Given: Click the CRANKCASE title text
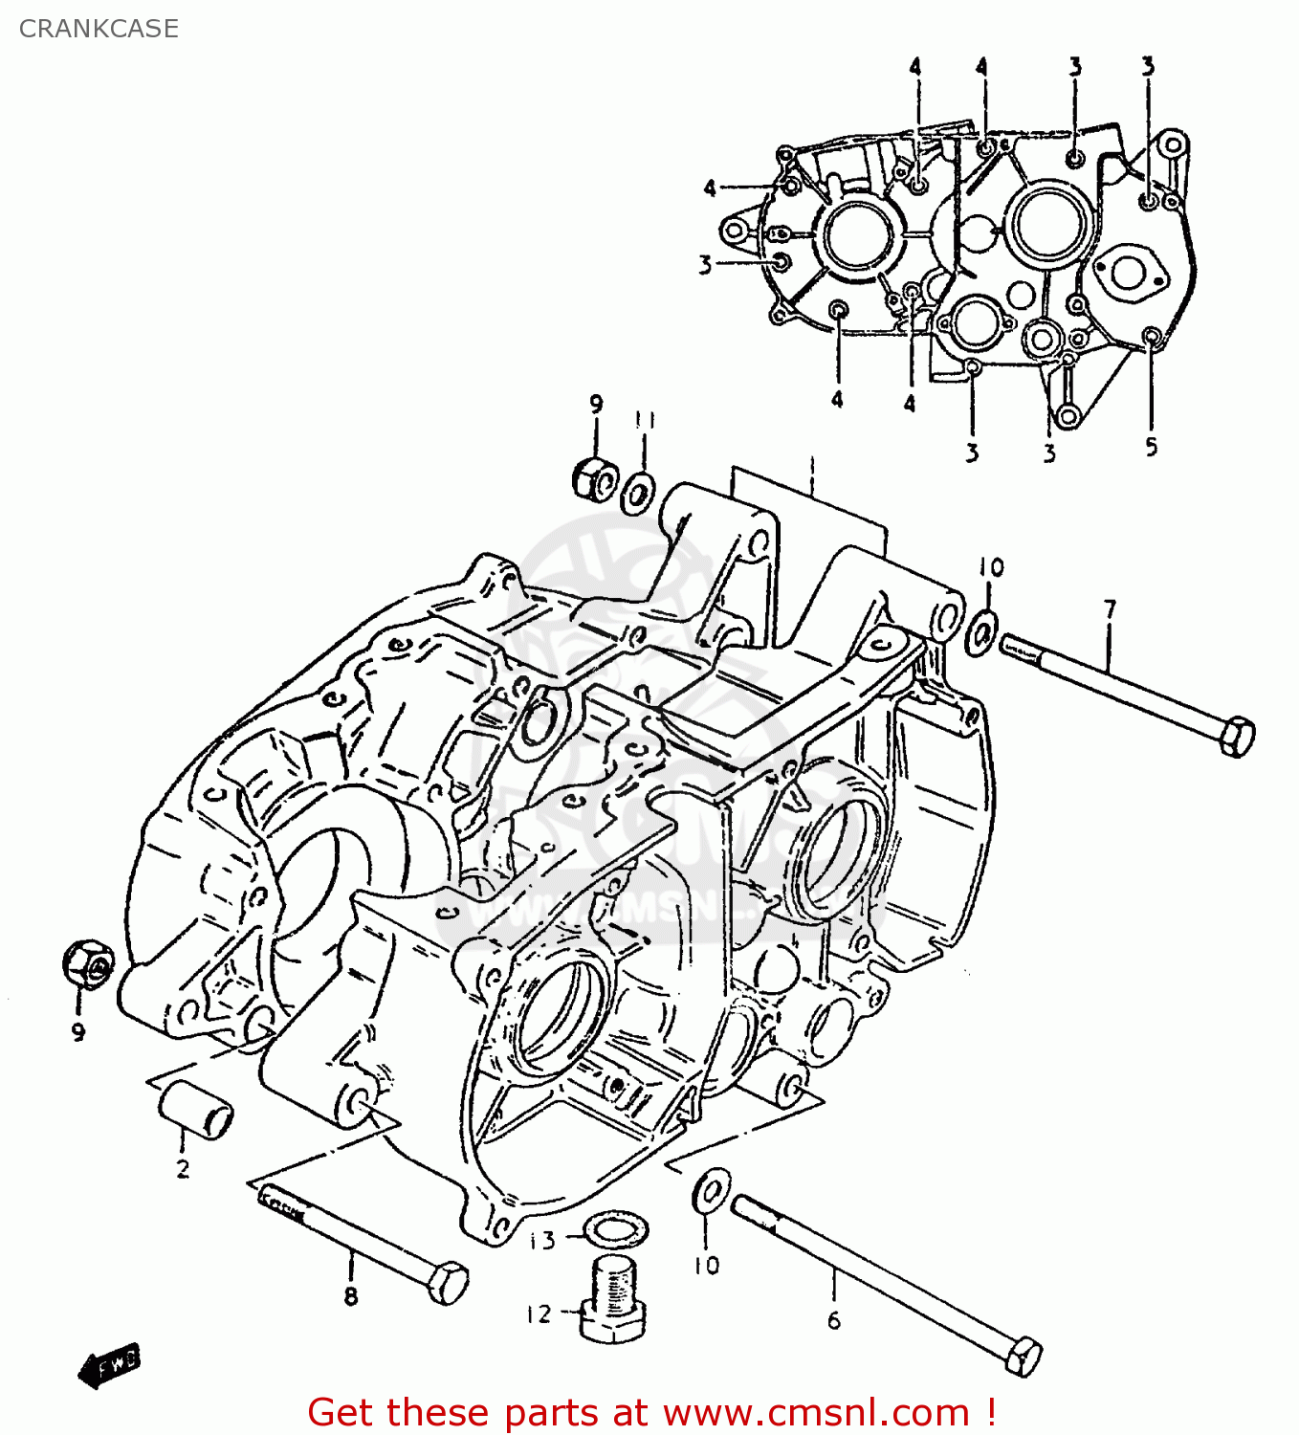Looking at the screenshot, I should (99, 29).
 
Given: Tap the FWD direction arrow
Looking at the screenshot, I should (109, 1365).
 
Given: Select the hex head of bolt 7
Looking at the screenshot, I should (1237, 736).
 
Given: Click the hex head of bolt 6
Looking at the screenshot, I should (1023, 1356).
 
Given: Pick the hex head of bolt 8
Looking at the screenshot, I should (447, 1282).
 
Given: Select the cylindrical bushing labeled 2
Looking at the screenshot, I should (195, 1110).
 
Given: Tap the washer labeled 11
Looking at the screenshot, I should (638, 493).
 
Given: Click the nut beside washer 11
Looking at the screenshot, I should (593, 477).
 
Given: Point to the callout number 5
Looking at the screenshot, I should (1151, 446).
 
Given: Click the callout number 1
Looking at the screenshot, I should (811, 468).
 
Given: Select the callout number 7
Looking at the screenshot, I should (1110, 609).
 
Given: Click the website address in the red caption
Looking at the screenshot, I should (816, 1412).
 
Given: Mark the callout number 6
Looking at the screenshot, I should (833, 1321).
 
